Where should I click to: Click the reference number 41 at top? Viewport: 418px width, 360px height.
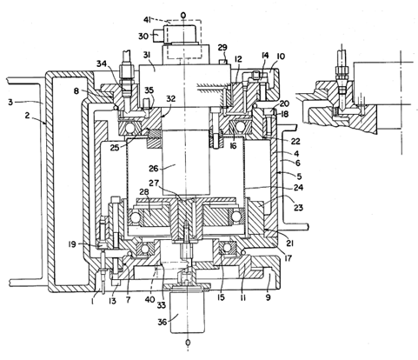tap(148, 20)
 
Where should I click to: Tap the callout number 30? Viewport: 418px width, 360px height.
tap(143, 37)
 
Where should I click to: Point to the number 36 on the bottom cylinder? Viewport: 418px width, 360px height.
tap(163, 322)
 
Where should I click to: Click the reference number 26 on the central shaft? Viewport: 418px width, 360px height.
tap(154, 168)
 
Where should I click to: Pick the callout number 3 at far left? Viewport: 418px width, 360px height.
tap(10, 102)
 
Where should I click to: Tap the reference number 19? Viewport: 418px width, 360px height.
tap(72, 244)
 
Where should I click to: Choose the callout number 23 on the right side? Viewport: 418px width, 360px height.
tap(298, 207)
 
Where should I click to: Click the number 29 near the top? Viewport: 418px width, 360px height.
tap(222, 48)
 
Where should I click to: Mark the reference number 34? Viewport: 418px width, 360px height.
tap(102, 63)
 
